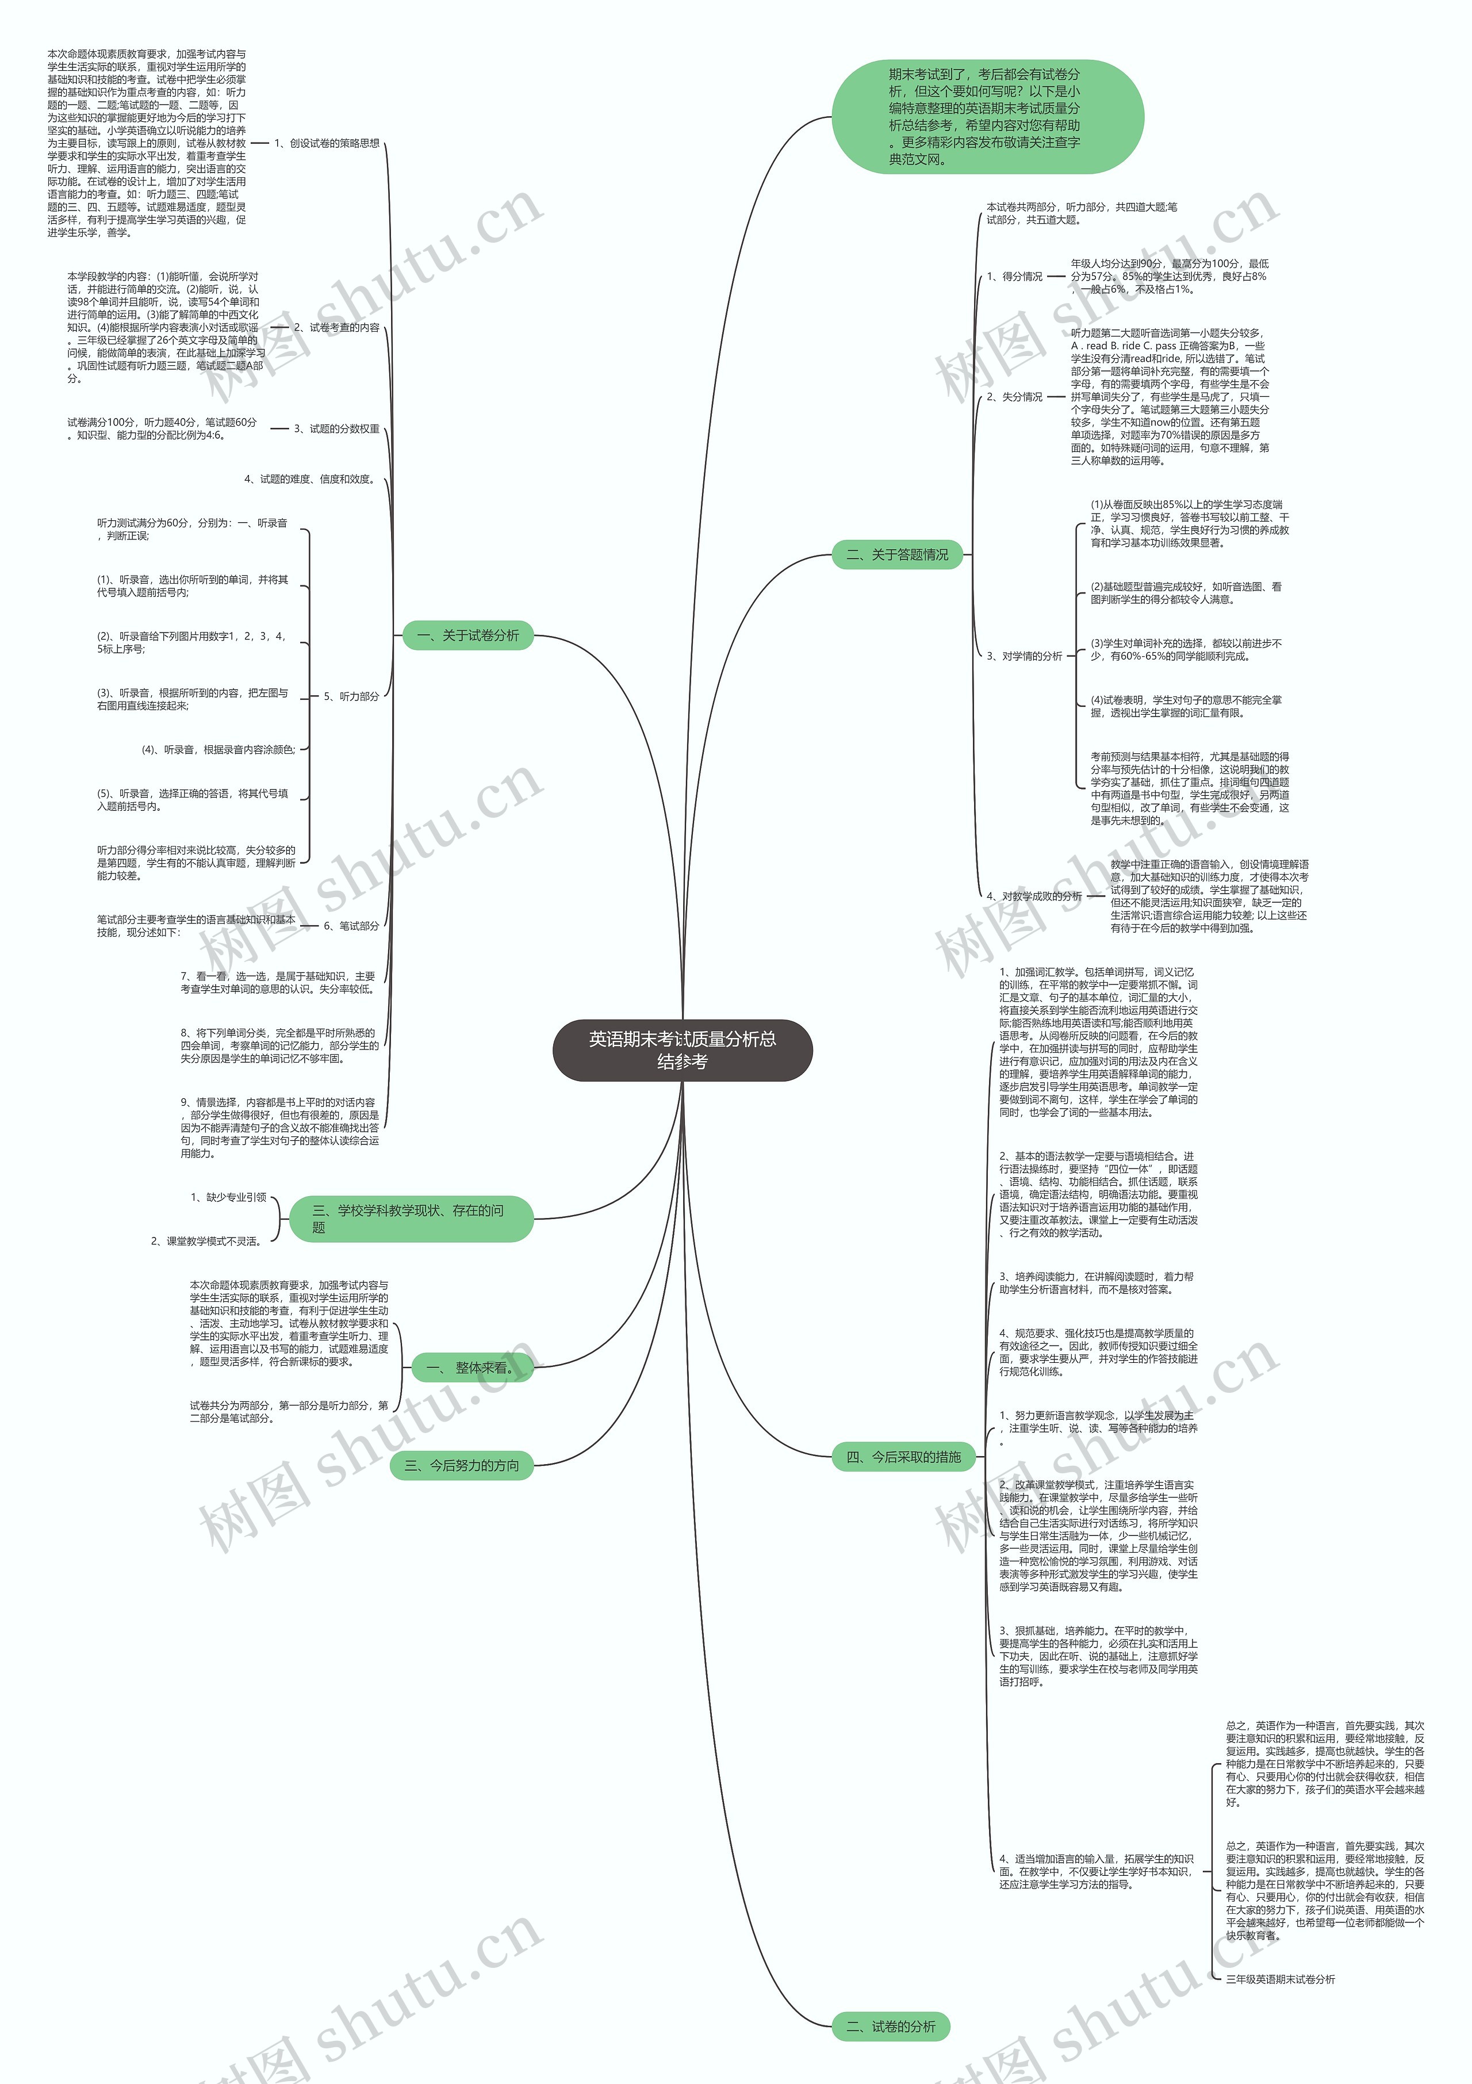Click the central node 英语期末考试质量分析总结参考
(x=683, y=1050)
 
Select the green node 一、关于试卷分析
(x=467, y=635)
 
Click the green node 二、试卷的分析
(x=890, y=2026)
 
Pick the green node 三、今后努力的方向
(x=462, y=1465)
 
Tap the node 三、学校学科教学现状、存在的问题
(x=410, y=1218)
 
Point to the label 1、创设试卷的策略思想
(x=327, y=143)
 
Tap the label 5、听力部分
(x=351, y=696)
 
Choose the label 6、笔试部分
(x=351, y=926)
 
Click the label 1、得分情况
(x=1015, y=277)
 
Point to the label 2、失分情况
(x=1015, y=397)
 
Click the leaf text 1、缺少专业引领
(x=229, y=1197)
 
